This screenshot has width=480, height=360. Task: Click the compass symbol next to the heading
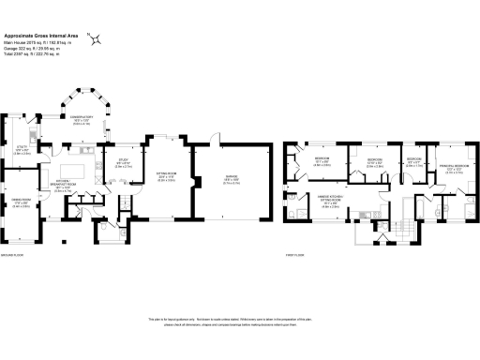[96, 38]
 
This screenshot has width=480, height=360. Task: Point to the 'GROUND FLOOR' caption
[14, 254]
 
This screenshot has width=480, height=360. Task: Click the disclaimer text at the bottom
[240, 322]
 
